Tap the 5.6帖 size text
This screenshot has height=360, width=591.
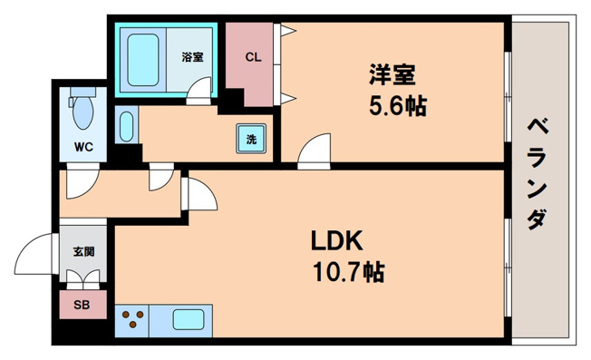click(x=397, y=105)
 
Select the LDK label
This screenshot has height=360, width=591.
click(x=337, y=241)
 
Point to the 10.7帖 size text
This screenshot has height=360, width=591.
click(x=347, y=271)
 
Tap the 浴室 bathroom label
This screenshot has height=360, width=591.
click(x=192, y=57)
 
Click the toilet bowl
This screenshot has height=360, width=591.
click(x=82, y=112)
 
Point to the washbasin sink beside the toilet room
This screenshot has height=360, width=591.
click(x=126, y=125)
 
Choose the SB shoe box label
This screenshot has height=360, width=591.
click(x=82, y=306)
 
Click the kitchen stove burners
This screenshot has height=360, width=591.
click(x=133, y=320)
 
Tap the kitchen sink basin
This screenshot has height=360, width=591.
click(x=189, y=320)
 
